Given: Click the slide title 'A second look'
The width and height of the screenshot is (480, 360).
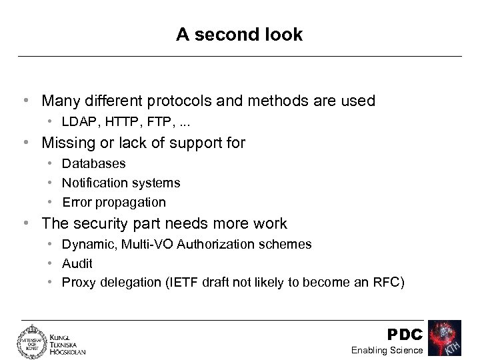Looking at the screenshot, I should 239,35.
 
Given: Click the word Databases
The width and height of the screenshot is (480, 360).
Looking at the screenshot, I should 93,163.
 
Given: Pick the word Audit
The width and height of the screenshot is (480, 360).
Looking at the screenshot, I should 77,263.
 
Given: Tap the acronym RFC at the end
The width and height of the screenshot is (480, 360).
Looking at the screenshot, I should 387,282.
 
